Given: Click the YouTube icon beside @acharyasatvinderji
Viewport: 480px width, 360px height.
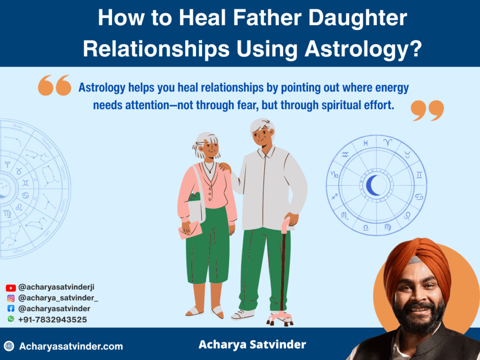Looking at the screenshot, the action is pyautogui.click(x=11, y=288).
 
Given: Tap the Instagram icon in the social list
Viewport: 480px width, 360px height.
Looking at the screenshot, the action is pyautogui.click(x=11, y=298).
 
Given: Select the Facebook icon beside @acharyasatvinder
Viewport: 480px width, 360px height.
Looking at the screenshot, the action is pyautogui.click(x=11, y=308).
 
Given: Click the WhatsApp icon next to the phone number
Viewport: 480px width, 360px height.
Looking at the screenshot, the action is pyautogui.click(x=11, y=319).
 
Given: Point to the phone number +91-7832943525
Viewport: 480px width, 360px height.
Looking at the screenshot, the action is pyautogui.click(x=52, y=320).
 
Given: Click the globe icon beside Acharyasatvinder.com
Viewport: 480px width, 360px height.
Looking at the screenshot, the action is pyautogui.click(x=9, y=346).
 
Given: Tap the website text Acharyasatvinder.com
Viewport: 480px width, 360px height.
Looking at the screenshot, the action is pyautogui.click(x=71, y=346).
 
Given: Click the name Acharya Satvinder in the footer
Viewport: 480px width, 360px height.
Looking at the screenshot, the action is pyautogui.click(x=252, y=345).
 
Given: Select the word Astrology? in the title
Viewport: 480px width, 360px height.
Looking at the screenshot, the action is pyautogui.click(x=363, y=49).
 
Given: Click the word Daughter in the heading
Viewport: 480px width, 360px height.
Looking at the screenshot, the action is pyautogui.click(x=358, y=18).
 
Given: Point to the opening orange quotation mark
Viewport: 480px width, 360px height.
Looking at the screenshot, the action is pyautogui.click(x=54, y=85).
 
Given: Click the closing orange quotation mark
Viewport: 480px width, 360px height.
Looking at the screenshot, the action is pyautogui.click(x=427, y=110).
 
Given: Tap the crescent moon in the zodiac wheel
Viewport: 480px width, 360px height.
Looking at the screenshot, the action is pyautogui.click(x=373, y=185).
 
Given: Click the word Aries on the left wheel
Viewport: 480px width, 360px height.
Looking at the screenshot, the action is pyautogui.click(x=17, y=126).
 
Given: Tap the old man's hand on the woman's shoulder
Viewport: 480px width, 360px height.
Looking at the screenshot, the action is pyautogui.click(x=225, y=167).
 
